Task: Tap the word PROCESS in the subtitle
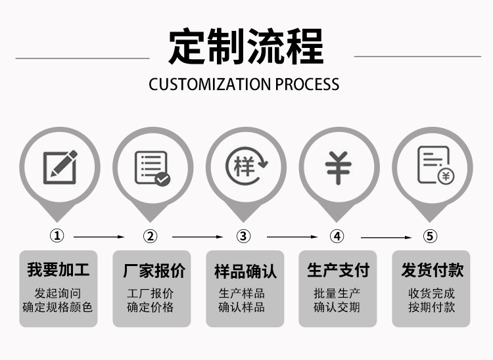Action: (x=307, y=84)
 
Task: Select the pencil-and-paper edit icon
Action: (x=60, y=167)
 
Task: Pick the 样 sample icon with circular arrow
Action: (x=246, y=166)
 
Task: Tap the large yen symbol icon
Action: (x=339, y=167)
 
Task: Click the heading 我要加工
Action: (x=59, y=269)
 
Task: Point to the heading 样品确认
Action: (x=246, y=271)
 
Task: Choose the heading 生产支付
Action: (x=339, y=269)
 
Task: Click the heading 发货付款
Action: (x=433, y=269)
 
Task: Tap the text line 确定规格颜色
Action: (x=58, y=307)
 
